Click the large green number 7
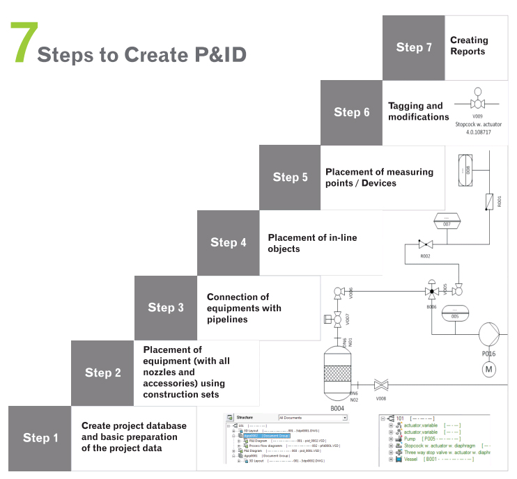(23, 44)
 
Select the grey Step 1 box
(39, 438)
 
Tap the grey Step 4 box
(228, 242)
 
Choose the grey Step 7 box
(413, 47)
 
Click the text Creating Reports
(468, 46)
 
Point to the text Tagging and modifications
(418, 112)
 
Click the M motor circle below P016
(488, 368)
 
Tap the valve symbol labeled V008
(381, 384)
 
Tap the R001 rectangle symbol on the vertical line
(490, 202)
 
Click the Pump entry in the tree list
(410, 440)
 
